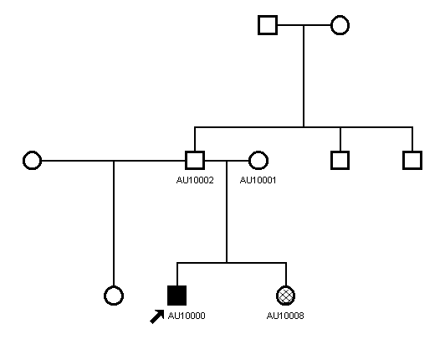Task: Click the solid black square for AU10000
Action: tap(176, 296)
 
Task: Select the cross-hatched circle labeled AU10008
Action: tap(286, 296)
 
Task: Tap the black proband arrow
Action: tap(157, 316)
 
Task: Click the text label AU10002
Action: tap(195, 180)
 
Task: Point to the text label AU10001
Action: tap(258, 180)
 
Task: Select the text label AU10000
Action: tap(187, 316)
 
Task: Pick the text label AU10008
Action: tap(285, 316)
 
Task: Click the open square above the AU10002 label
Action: tap(195, 160)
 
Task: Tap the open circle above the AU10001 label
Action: tap(258, 160)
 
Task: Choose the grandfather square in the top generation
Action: tap(268, 25)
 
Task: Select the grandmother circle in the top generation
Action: tap(340, 25)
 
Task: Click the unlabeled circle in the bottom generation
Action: tap(114, 296)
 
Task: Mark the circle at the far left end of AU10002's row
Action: tap(33, 160)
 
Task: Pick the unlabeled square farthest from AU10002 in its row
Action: tap(412, 160)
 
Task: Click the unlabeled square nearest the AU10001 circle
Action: tap(340, 160)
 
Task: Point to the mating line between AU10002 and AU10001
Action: tap(227, 161)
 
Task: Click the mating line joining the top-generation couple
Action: tap(304, 25)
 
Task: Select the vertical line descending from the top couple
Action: tap(304, 76)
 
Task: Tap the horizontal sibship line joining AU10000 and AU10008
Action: tap(232, 263)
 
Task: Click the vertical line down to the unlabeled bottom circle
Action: tap(114, 224)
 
